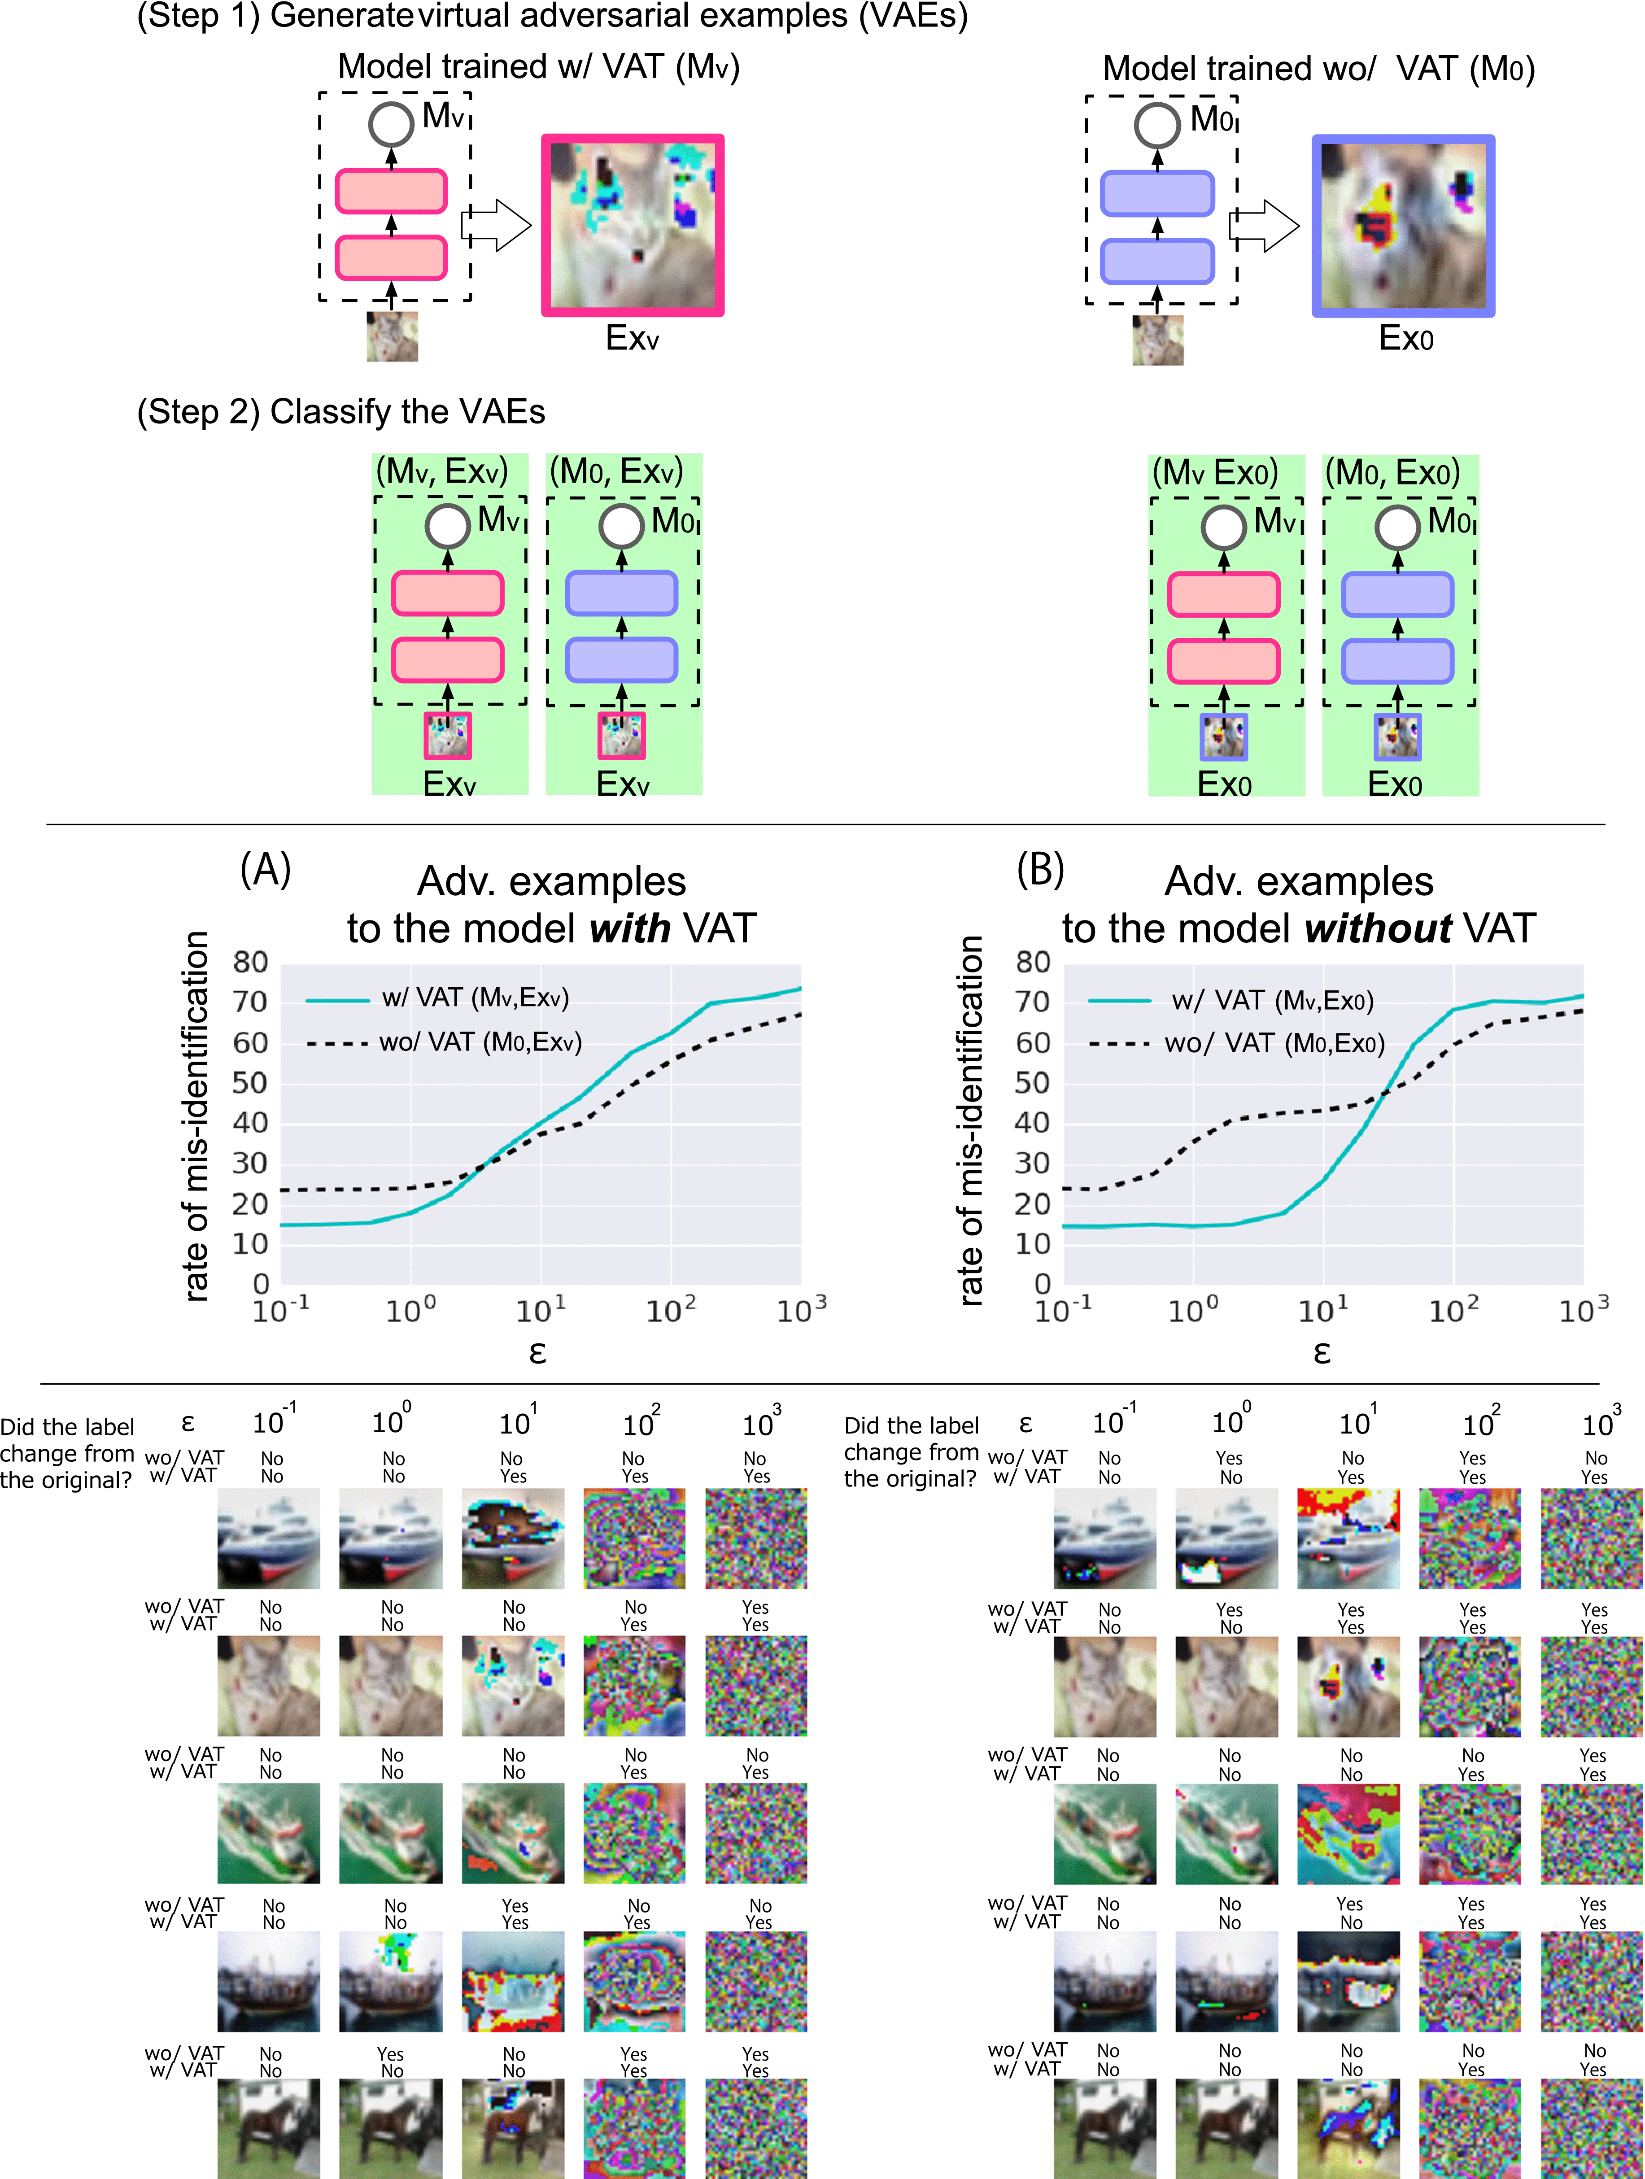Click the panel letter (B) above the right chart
1040,870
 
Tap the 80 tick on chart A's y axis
250,963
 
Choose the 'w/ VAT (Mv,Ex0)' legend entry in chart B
1231,1001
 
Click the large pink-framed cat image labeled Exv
633,226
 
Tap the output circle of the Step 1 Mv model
391,125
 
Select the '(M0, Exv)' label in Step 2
615,472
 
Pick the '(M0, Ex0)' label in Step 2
1392,473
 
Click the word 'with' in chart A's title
630,929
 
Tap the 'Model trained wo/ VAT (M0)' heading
1318,69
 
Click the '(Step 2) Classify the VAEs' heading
341,412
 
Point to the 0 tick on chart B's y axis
1042,1284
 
